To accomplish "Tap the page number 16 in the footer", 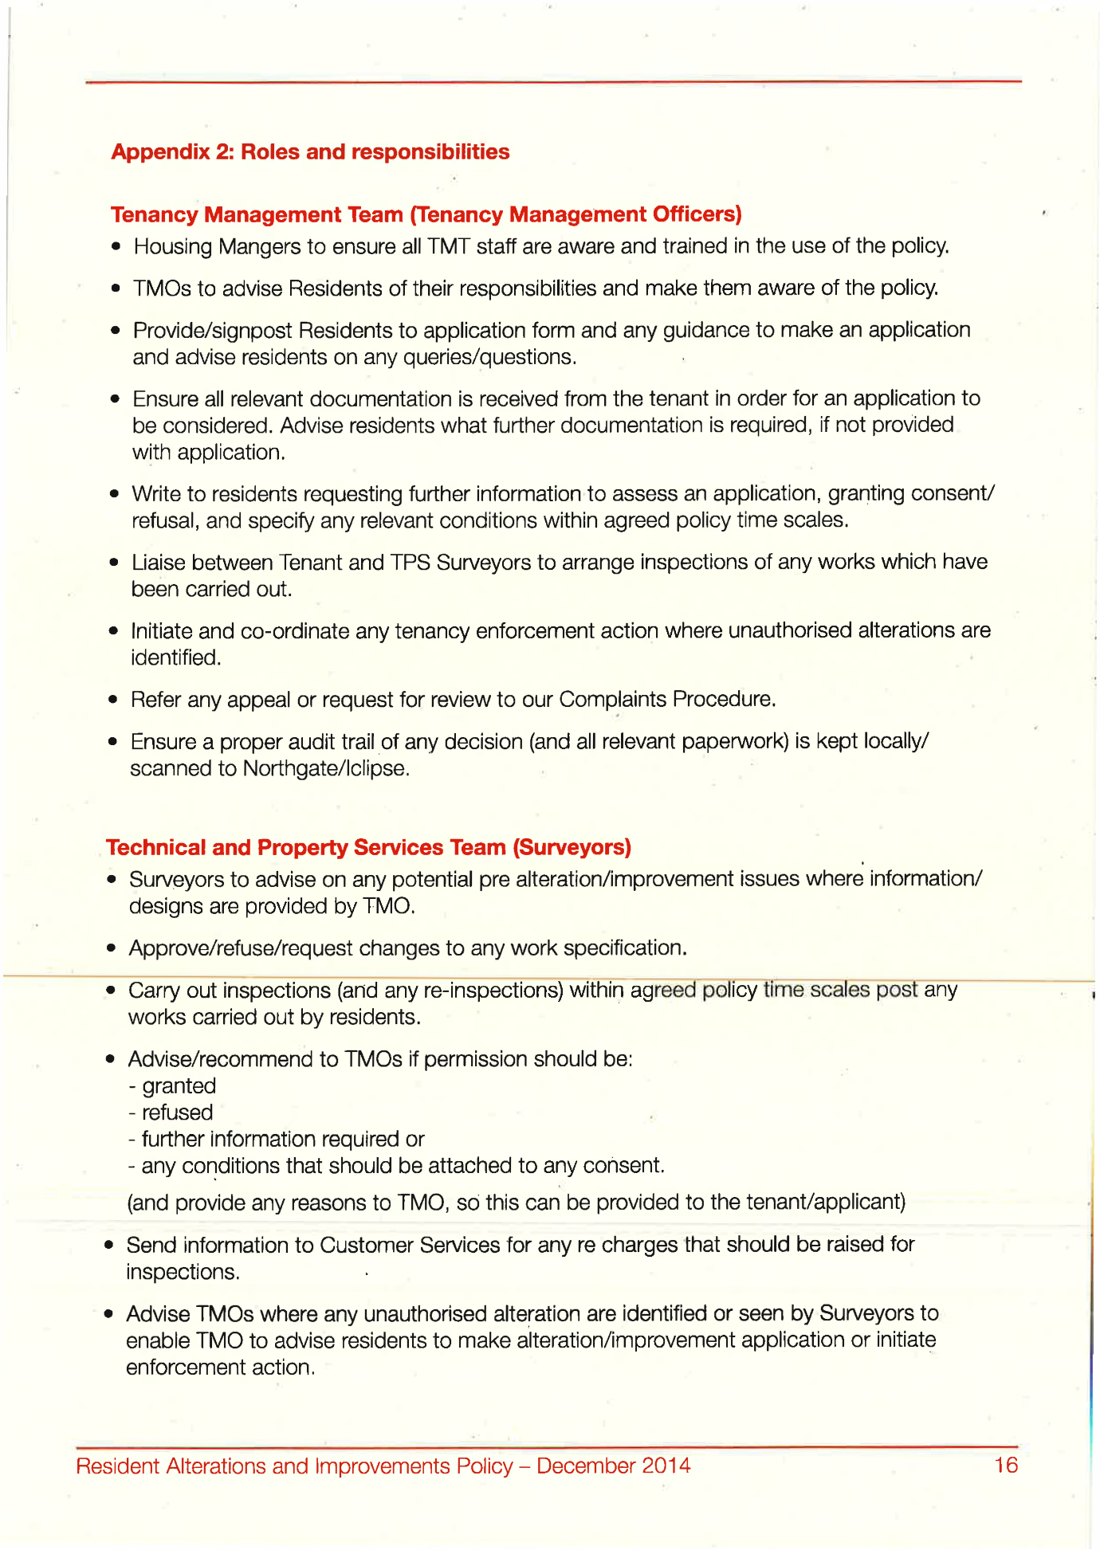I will point(1006,1465).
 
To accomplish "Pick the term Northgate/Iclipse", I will point(325,769).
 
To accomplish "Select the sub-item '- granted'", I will point(172,1086).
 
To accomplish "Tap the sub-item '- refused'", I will point(171,1112).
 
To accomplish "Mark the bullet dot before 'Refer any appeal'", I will point(114,700).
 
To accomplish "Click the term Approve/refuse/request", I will point(241,948).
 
